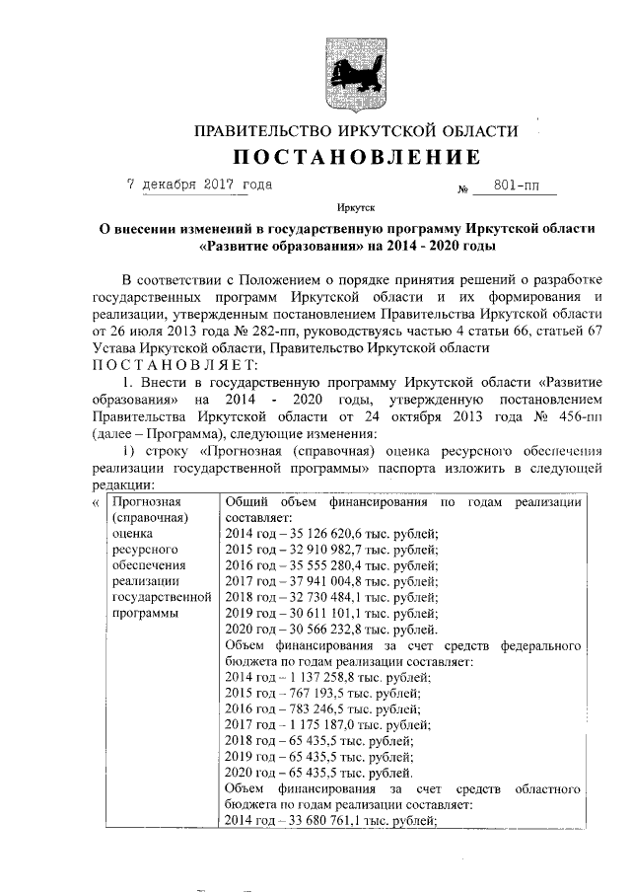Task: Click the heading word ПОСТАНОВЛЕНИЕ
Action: (357, 158)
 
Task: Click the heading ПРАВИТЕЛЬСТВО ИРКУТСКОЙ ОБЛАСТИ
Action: (356, 131)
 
